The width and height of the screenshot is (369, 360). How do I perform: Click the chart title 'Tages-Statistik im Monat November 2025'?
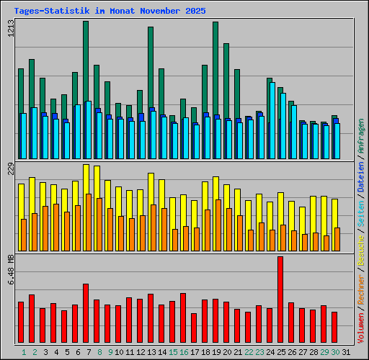110,11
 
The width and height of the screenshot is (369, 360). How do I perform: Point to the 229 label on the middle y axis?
10,168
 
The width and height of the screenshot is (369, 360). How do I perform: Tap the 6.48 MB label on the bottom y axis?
10,269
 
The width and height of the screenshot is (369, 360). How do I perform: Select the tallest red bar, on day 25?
280,300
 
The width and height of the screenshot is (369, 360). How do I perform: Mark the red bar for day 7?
86,313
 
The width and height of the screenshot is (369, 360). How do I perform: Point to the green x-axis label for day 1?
24,352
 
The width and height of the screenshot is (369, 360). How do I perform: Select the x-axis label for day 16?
184,352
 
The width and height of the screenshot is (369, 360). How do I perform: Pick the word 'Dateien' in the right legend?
361,175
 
